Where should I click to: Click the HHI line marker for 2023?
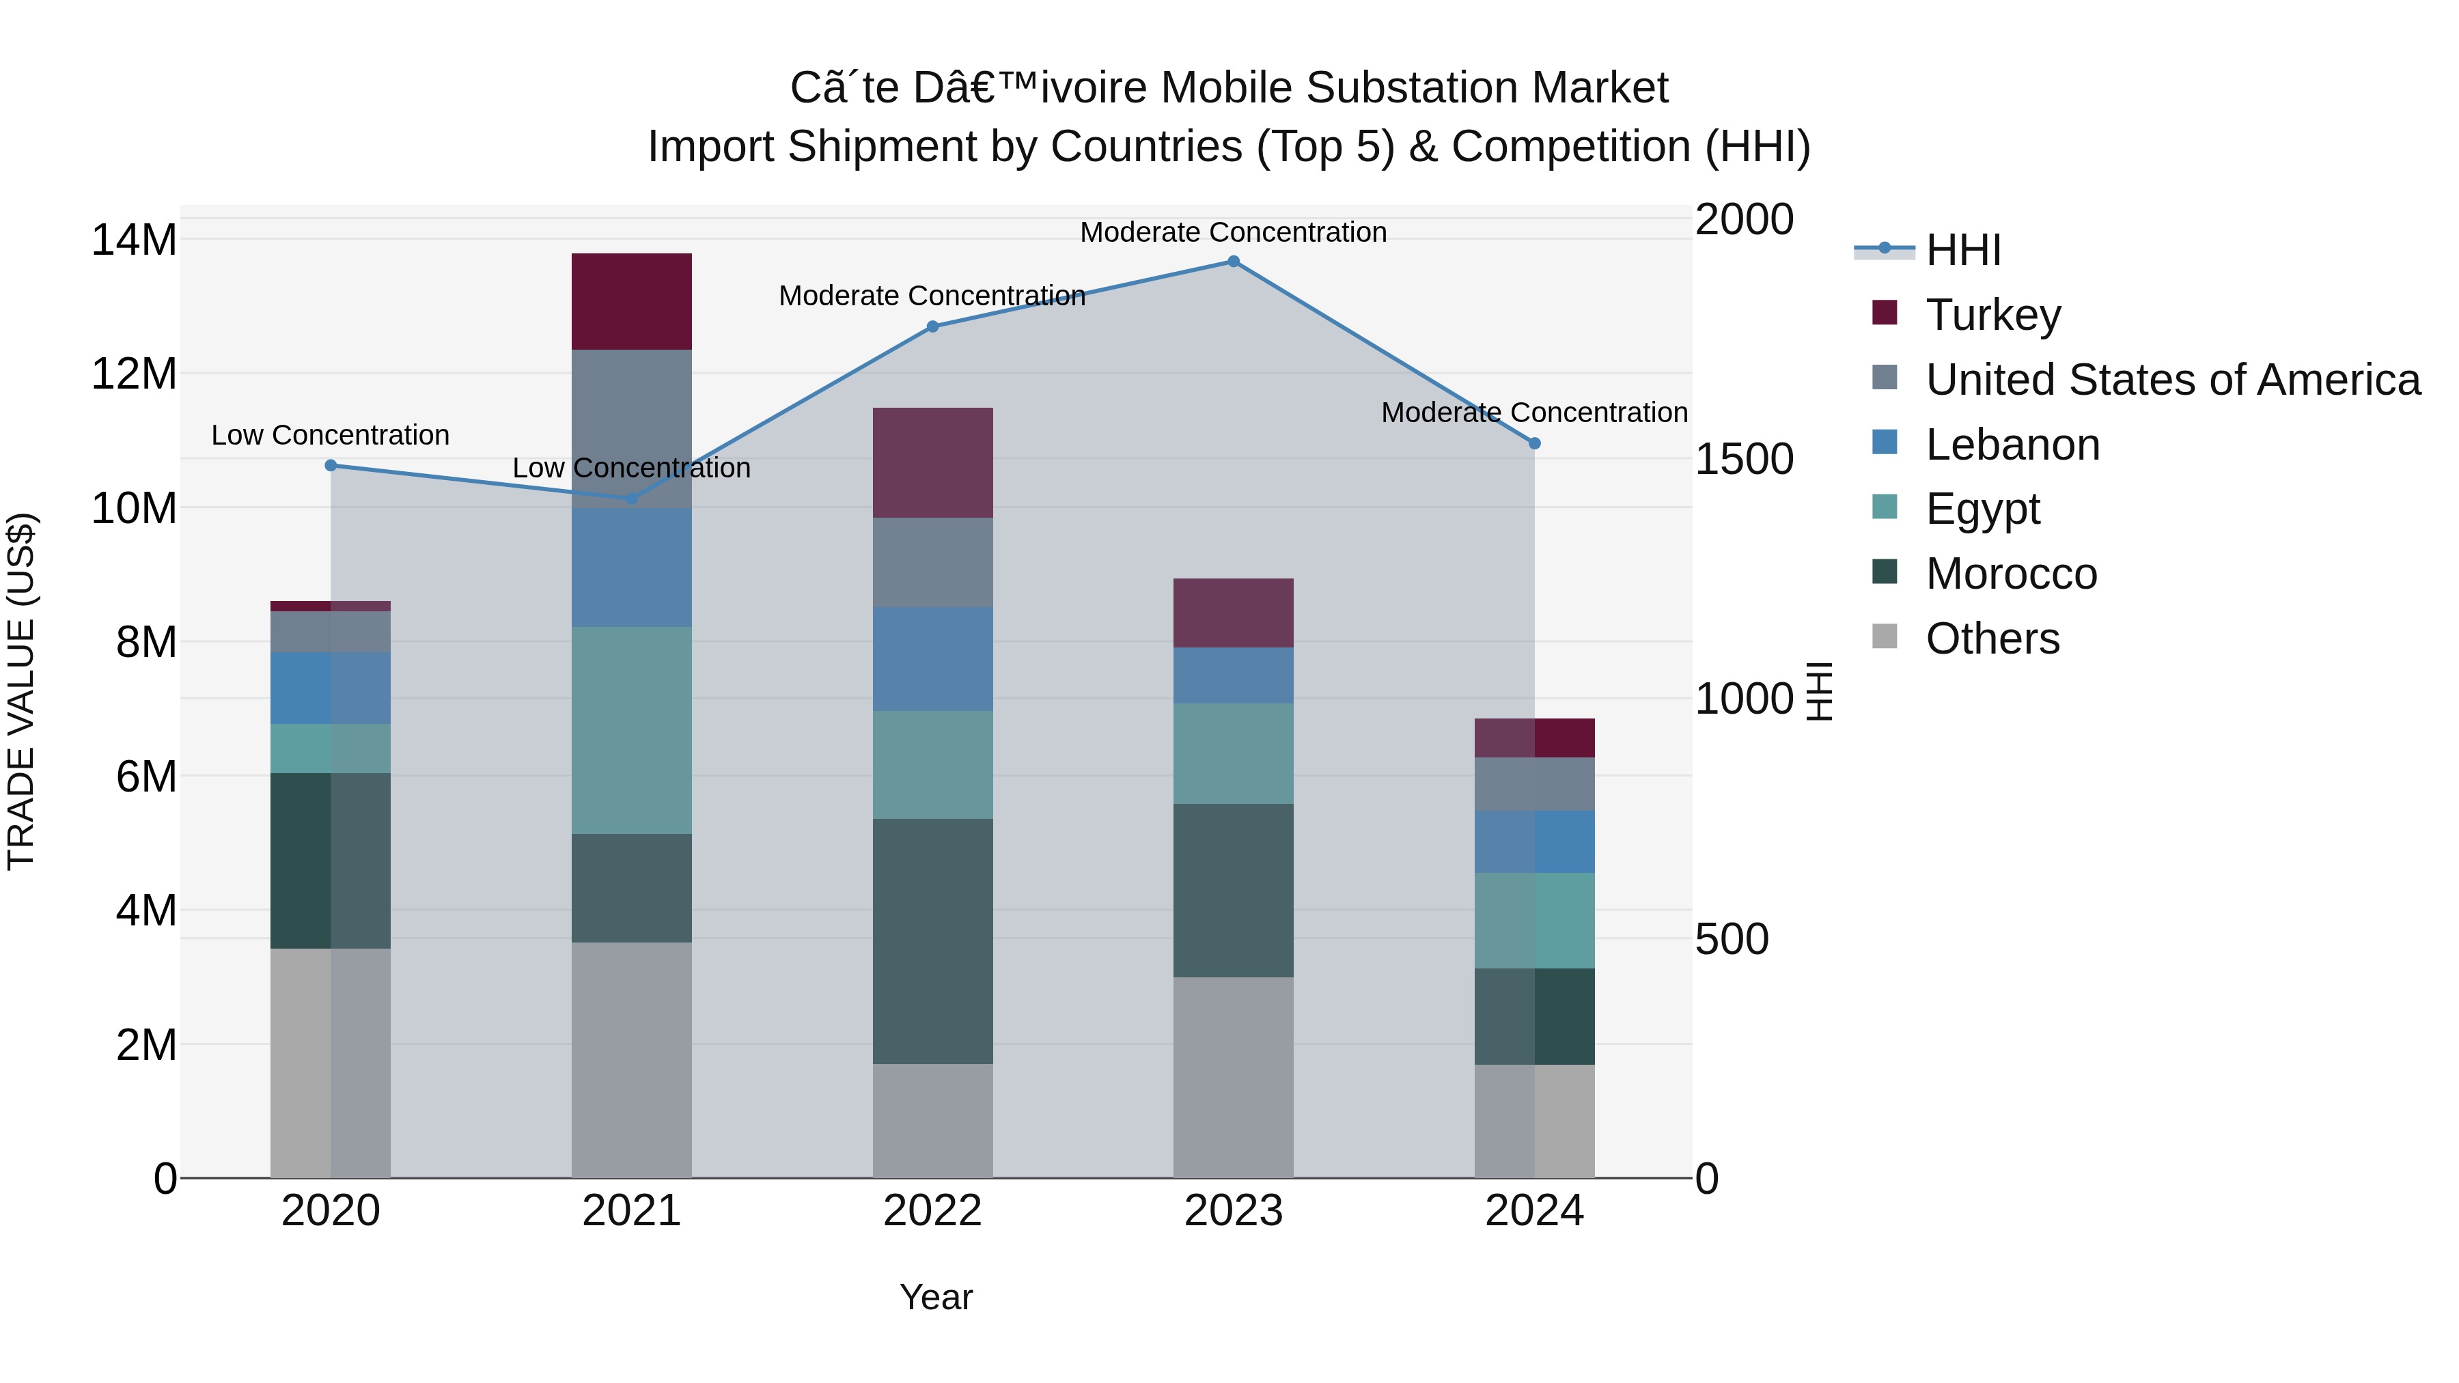1234,262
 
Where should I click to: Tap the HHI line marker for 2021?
631,499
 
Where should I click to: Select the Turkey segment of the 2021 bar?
631,302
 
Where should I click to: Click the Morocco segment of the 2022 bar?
932,941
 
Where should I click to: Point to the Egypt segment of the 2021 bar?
631,730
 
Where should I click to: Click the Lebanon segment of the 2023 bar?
1234,675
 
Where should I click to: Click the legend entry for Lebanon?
2012,445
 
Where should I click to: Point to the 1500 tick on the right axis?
1743,459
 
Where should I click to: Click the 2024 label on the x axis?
1534,1211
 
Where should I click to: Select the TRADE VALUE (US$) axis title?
21,691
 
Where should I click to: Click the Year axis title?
936,1297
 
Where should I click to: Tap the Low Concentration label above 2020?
331,435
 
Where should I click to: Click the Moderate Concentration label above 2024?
1534,413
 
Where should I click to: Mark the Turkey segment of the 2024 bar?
1534,738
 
